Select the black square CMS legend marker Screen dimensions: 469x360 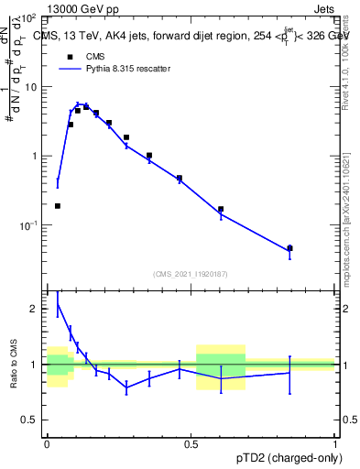(x=70, y=57)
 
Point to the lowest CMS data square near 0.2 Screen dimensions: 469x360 (x=58, y=206)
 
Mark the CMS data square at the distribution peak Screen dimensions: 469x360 (x=86, y=107)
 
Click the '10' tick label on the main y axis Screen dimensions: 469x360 (x=31, y=87)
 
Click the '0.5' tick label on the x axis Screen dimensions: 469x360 (x=191, y=444)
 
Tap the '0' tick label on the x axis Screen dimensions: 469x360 (x=47, y=444)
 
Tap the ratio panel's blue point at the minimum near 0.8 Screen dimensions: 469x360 (x=126, y=387)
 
